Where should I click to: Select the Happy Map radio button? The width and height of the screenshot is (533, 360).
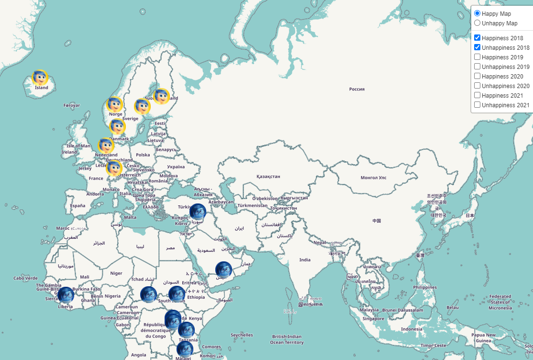(x=477, y=13)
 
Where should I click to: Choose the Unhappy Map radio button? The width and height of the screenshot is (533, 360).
(x=477, y=23)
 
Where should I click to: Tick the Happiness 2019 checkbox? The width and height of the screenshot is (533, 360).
(x=477, y=57)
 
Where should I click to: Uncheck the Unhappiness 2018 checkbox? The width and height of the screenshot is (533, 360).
(x=477, y=47)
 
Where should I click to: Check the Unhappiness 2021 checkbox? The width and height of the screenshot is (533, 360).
(x=477, y=105)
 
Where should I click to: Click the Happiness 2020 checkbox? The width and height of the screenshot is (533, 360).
(x=477, y=76)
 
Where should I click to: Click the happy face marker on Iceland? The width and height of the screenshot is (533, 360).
(x=40, y=78)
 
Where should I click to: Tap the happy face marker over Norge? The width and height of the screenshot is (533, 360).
(x=115, y=104)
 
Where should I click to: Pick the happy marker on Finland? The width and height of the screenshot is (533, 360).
(x=161, y=96)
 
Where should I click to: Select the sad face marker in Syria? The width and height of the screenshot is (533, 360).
(x=198, y=212)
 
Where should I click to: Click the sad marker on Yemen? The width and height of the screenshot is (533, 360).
(x=223, y=270)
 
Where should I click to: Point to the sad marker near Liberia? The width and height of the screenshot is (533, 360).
(x=66, y=295)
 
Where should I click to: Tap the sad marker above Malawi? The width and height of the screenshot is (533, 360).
(x=185, y=349)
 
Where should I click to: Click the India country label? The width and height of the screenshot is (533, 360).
(x=305, y=260)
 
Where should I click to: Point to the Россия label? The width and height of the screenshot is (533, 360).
(x=357, y=89)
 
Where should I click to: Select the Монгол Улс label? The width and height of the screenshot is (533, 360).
(x=373, y=178)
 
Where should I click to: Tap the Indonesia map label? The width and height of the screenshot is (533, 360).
(x=411, y=329)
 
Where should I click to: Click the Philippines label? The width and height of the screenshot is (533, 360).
(x=425, y=287)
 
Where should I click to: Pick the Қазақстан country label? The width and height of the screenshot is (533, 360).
(x=268, y=177)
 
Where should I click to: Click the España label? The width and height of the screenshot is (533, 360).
(x=78, y=206)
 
